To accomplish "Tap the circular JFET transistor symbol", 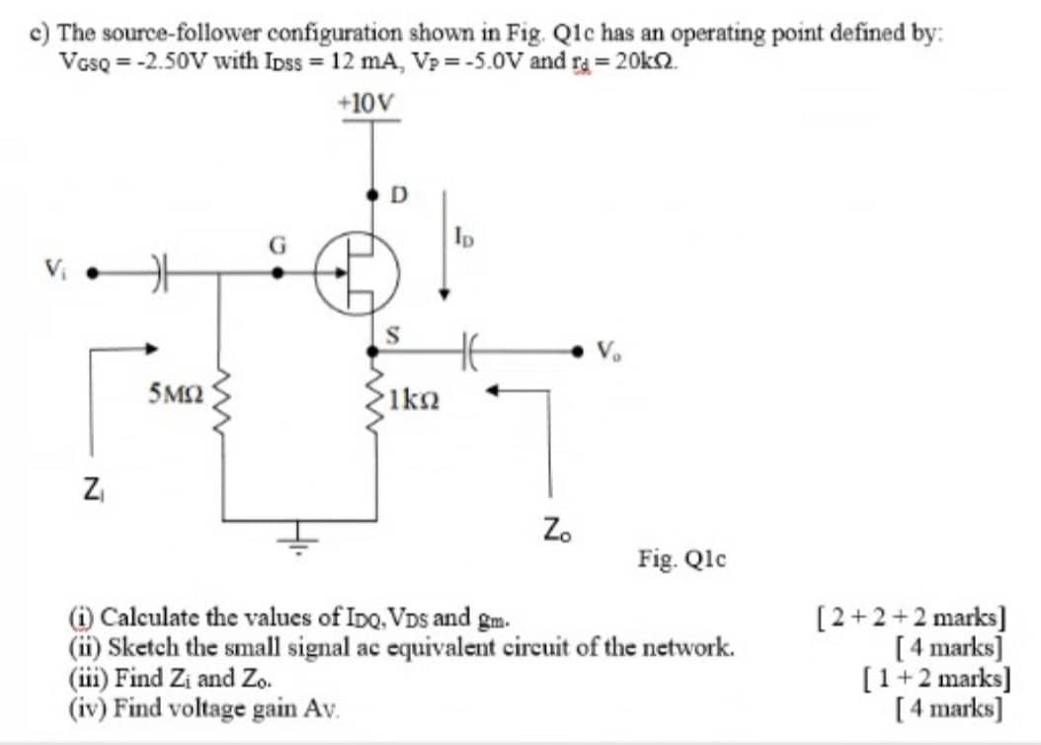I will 357,272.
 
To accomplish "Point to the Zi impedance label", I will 90,487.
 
